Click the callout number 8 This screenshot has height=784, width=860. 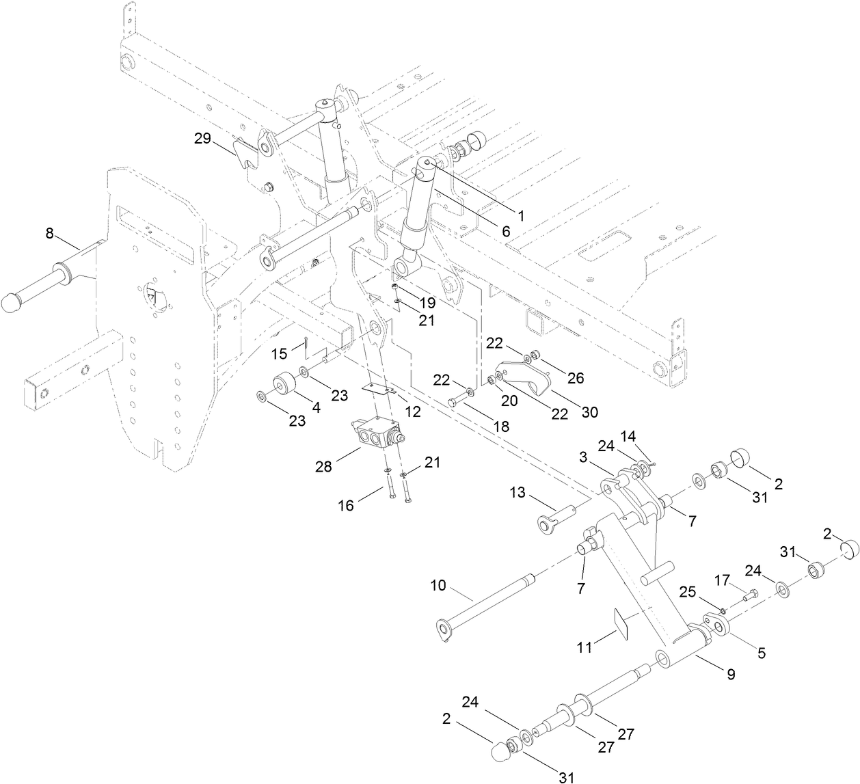click(x=49, y=233)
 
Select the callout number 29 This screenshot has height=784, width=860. click(x=202, y=139)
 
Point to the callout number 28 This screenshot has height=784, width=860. click(x=323, y=467)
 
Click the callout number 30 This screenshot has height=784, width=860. click(x=589, y=412)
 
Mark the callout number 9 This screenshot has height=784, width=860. click(x=731, y=675)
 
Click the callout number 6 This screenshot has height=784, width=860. click(x=506, y=231)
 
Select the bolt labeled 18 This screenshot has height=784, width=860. click(x=459, y=402)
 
